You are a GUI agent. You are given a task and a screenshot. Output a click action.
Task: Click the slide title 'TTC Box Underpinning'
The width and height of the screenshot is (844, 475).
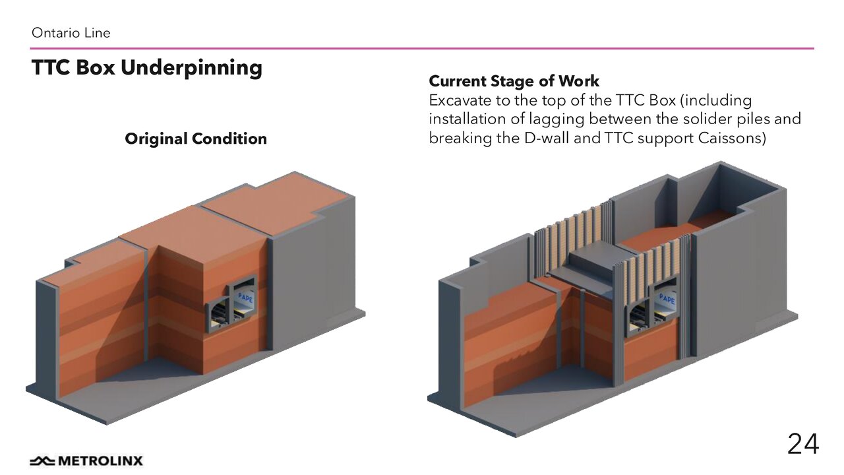pyautogui.click(x=146, y=68)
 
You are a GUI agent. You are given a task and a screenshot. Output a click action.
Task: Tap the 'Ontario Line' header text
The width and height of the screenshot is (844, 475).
pyautogui.click(x=71, y=32)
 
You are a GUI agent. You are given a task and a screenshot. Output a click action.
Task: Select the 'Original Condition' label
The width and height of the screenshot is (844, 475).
pyautogui.click(x=196, y=139)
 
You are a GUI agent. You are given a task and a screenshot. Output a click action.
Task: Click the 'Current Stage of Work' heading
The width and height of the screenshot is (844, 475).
pyautogui.click(x=514, y=81)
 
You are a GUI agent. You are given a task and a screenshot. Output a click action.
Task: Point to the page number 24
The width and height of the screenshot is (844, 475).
pyautogui.click(x=802, y=445)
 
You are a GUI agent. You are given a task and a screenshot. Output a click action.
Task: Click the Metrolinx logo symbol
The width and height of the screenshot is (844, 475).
pyautogui.click(x=42, y=460)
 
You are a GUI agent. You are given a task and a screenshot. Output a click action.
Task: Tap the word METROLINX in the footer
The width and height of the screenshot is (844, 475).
pyautogui.click(x=100, y=460)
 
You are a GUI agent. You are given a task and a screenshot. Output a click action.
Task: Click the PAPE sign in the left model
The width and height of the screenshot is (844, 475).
pyautogui.click(x=244, y=298)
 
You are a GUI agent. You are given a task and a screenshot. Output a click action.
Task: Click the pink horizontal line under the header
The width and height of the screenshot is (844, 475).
pyautogui.click(x=422, y=48)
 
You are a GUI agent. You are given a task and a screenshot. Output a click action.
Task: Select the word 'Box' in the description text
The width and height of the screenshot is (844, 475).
pyautogui.click(x=660, y=101)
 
